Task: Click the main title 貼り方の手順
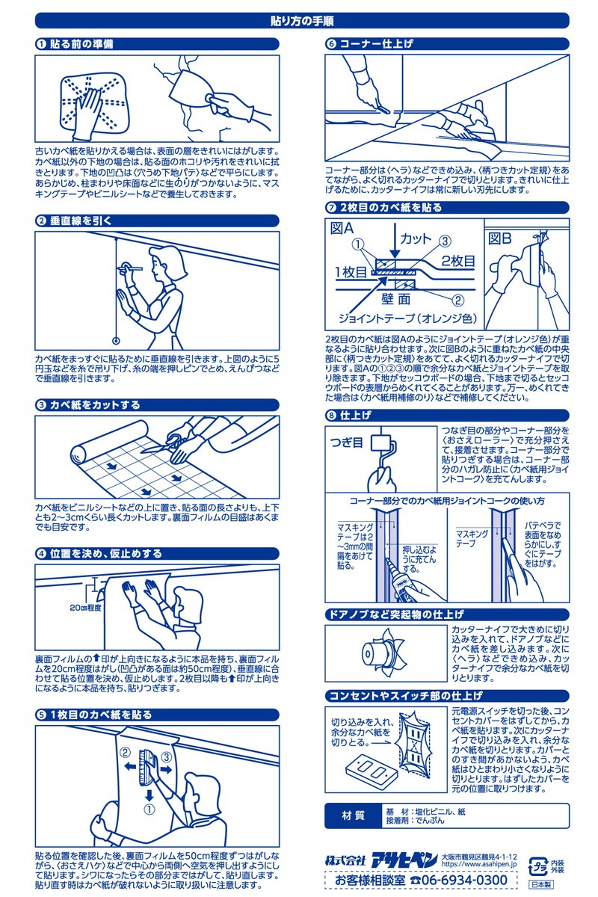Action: pos(299,21)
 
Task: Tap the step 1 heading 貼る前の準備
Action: pos(81,44)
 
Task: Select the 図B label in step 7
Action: pos(500,238)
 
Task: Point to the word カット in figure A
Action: pos(416,238)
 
